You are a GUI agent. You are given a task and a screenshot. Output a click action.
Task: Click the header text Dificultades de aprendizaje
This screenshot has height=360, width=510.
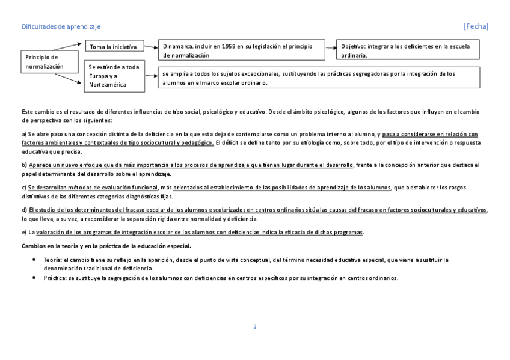(61, 27)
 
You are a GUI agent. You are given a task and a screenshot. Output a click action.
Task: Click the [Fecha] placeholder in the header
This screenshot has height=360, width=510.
(476, 27)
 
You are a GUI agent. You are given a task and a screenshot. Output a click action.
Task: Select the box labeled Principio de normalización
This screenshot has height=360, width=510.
(50, 61)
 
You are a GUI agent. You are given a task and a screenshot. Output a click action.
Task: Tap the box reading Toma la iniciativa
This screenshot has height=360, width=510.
(114, 47)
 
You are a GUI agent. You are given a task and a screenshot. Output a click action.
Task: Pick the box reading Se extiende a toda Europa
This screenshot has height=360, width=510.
(114, 76)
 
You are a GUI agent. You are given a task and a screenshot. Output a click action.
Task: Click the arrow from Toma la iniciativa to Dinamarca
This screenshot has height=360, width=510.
(151, 46)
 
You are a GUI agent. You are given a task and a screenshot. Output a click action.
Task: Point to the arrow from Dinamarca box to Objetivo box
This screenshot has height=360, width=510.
(330, 46)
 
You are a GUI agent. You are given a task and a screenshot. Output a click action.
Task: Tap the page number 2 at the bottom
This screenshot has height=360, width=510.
(255, 326)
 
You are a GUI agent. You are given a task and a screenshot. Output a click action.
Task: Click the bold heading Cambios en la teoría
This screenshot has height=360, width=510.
(106, 246)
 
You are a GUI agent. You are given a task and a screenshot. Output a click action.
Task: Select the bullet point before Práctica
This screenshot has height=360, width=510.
(34, 278)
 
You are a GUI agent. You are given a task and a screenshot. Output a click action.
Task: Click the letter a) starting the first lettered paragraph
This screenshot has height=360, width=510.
(24, 133)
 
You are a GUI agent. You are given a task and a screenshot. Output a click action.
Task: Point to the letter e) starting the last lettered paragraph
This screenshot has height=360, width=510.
(24, 233)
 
